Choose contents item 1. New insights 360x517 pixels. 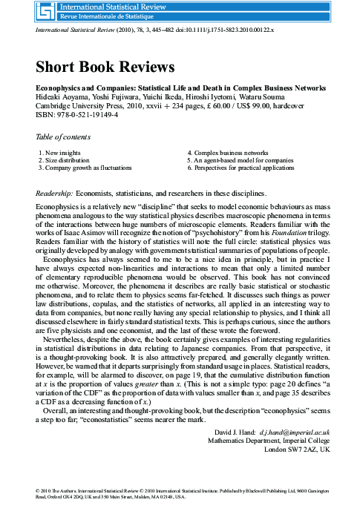tap(60, 151)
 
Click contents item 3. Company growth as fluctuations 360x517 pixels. tap(90, 168)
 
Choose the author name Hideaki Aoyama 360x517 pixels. tap(62, 96)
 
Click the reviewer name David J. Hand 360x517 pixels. tap(232, 430)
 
